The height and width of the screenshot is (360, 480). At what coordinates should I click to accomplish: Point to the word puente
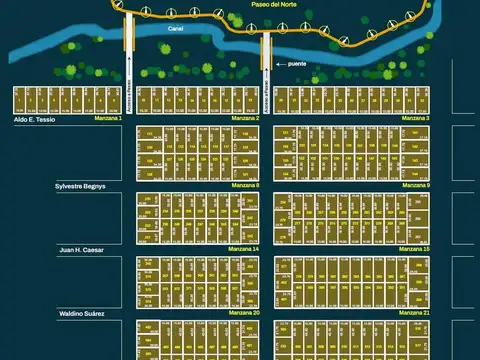point(296,63)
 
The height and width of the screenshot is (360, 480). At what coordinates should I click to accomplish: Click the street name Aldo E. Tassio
point(34,119)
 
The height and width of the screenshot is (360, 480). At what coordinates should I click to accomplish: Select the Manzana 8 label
point(243,186)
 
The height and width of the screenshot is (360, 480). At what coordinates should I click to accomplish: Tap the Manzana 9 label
point(415,186)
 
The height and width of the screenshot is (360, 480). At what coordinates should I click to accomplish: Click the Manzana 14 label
point(243,249)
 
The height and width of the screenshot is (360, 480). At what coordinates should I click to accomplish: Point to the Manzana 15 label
point(415,249)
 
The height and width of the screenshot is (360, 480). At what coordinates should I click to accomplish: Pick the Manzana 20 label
point(243,313)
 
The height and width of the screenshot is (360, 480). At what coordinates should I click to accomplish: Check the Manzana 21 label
point(415,313)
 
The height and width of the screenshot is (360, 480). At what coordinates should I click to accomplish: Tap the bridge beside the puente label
point(267,50)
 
